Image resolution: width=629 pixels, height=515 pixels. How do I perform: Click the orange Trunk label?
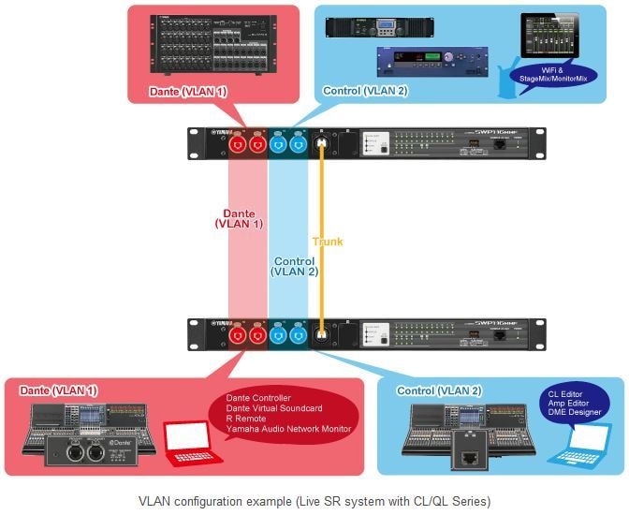pos(328,242)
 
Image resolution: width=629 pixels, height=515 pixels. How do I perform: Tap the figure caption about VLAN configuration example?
pos(314,499)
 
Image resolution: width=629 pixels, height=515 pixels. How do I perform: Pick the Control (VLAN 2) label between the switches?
pos(294,266)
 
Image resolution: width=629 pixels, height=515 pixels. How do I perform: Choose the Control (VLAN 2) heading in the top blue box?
pos(365,91)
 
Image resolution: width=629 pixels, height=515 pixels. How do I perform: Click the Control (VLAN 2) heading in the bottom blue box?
pos(430,390)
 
